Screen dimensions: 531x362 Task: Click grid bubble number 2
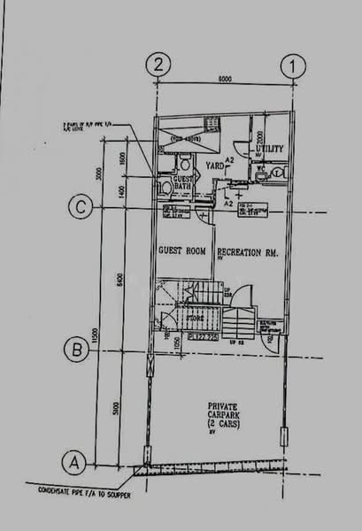159,64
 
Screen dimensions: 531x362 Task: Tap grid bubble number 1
291,64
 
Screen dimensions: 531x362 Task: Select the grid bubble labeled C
81,208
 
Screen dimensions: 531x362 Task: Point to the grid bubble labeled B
80,351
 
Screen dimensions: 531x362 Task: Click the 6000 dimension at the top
225,79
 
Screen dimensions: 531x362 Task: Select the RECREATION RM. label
248,252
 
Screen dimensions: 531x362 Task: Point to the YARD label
214,165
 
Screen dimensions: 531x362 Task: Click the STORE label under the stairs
196,319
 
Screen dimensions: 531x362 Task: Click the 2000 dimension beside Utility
260,140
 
